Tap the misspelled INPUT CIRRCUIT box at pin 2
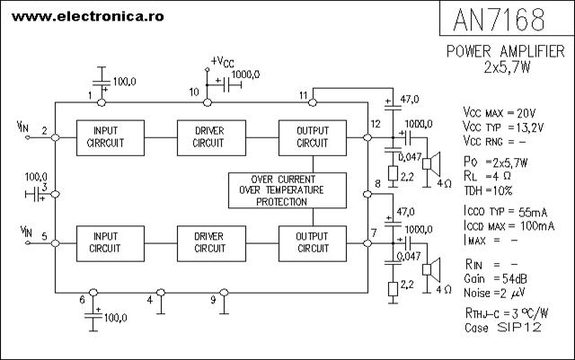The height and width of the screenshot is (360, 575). click(x=111, y=136)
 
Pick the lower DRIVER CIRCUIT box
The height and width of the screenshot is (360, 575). click(x=210, y=242)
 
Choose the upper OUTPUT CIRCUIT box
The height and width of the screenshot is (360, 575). click(x=312, y=136)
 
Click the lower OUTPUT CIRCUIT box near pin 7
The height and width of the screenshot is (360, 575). click(x=312, y=242)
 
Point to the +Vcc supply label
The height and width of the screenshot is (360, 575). click(x=224, y=62)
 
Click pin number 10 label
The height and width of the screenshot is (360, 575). click(x=194, y=92)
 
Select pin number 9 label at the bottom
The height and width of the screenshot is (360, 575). click(x=213, y=299)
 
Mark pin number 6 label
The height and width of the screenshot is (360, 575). click(x=82, y=299)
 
